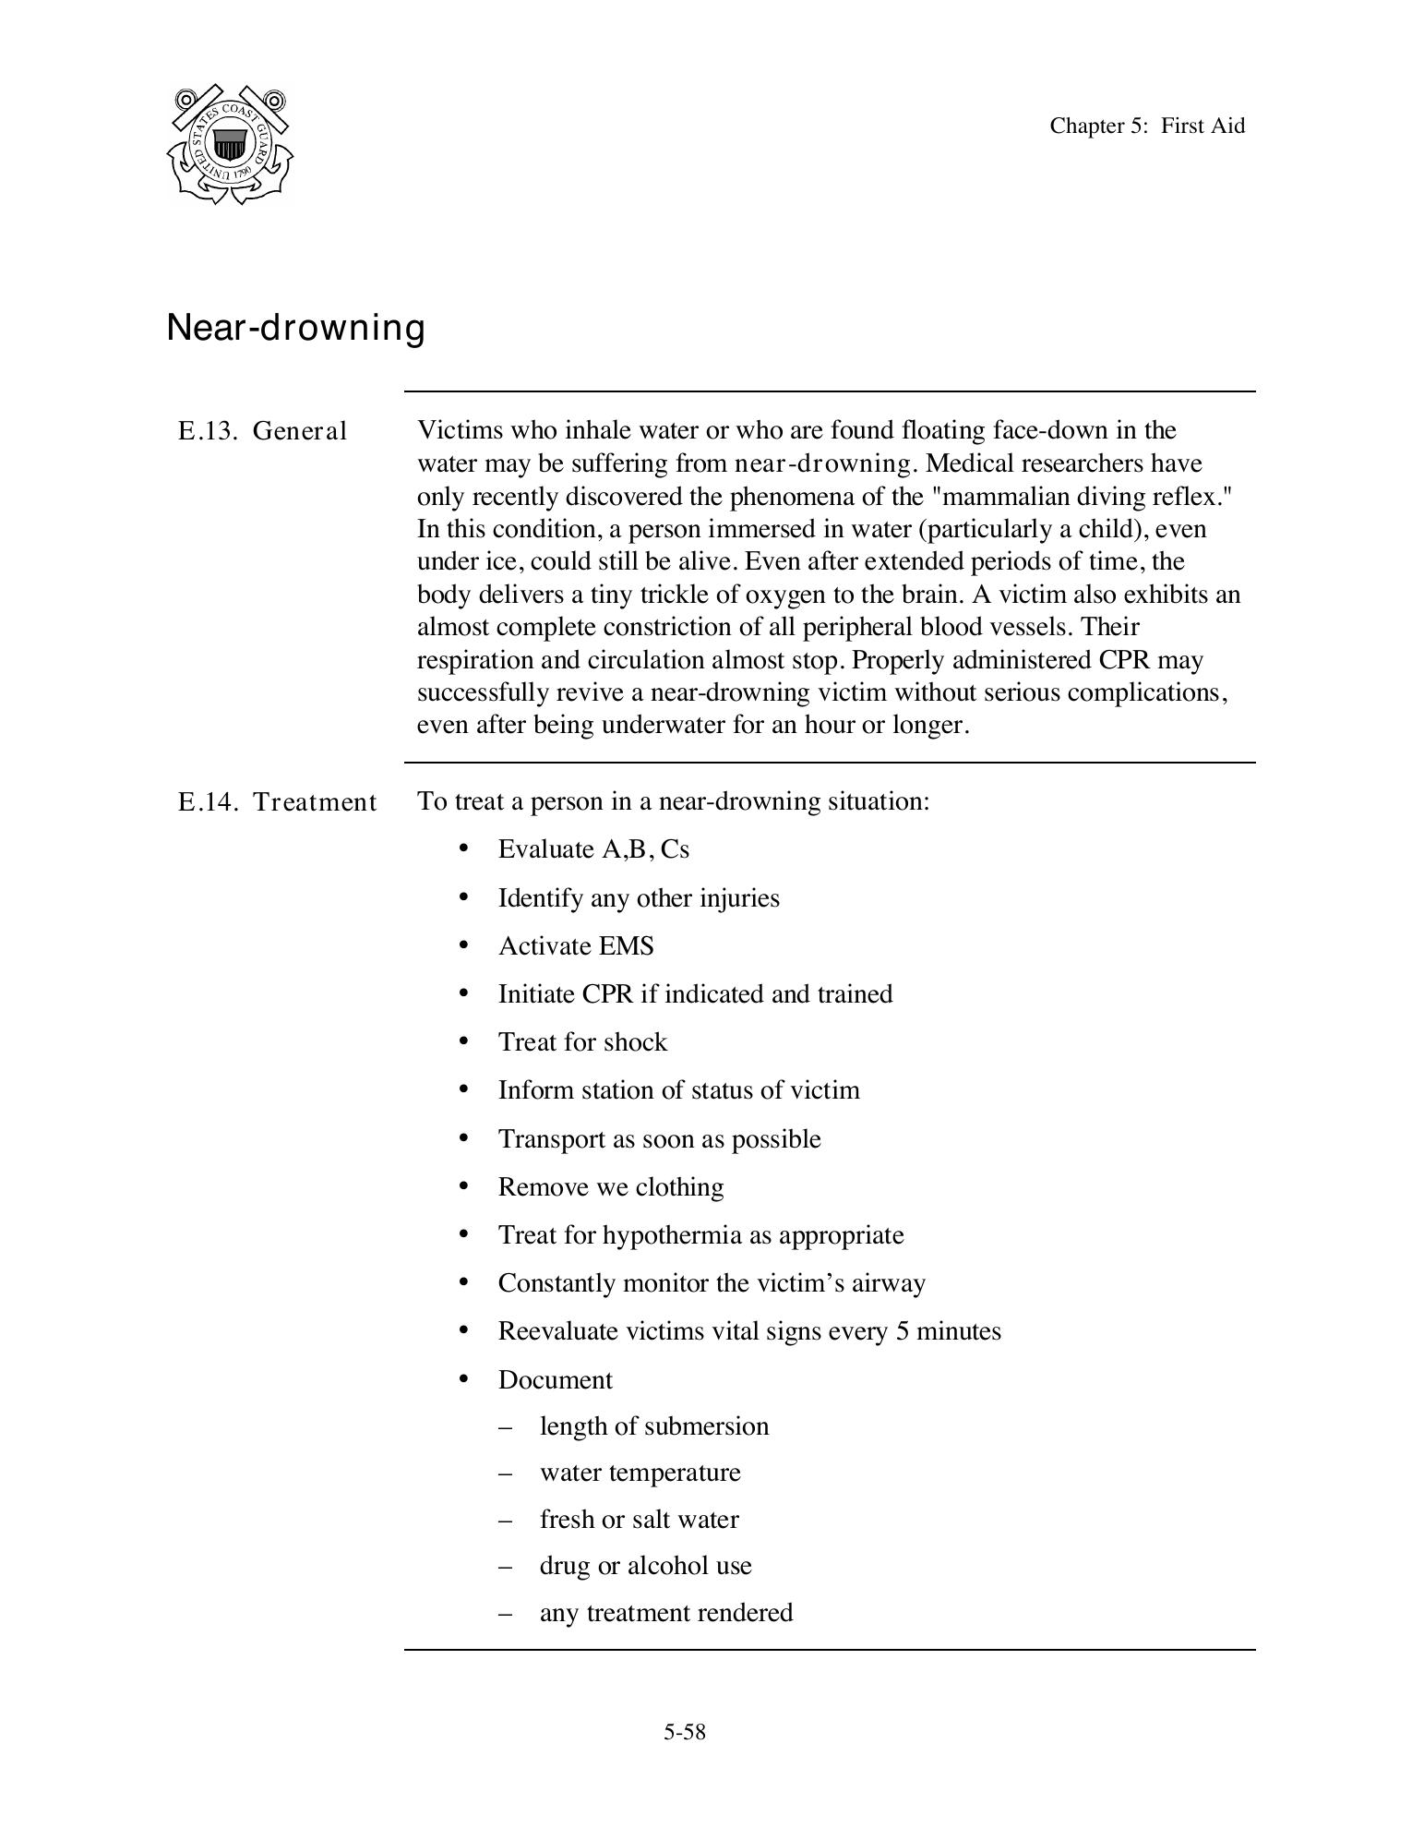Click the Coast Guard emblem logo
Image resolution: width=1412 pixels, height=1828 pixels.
(x=230, y=145)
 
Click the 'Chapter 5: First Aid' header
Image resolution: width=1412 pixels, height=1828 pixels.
(x=1146, y=126)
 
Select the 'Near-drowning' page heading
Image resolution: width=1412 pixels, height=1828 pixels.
(x=295, y=328)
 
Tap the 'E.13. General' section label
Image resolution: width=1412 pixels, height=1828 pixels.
(x=262, y=431)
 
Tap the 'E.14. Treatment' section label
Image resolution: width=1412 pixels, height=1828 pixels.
(x=277, y=801)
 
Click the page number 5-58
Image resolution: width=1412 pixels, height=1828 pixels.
(x=684, y=1732)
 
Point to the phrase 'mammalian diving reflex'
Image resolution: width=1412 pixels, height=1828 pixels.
(x=1080, y=497)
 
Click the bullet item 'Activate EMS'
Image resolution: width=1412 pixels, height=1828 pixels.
(x=575, y=946)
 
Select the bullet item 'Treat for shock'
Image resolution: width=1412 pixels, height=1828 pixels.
(x=581, y=1042)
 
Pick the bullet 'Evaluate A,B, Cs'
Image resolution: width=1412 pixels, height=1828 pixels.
(x=592, y=849)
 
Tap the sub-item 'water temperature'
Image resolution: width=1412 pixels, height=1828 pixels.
(x=640, y=1473)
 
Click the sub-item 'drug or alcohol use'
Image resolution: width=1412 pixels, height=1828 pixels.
(x=645, y=1566)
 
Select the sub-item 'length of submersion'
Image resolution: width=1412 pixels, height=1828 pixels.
(x=653, y=1426)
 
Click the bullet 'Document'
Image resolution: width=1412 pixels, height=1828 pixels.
(x=555, y=1380)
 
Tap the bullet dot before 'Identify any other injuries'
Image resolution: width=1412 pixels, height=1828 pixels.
(x=464, y=897)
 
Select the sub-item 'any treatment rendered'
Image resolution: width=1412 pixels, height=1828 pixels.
(x=665, y=1613)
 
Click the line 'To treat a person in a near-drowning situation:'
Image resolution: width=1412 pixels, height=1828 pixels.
(x=673, y=801)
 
